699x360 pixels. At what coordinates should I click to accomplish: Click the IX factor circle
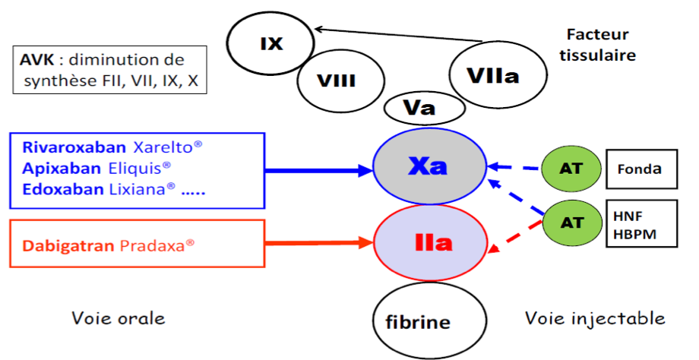coord(271,44)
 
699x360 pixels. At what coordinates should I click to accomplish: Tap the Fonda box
coord(640,169)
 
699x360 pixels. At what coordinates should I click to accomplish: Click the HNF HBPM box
coord(640,223)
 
